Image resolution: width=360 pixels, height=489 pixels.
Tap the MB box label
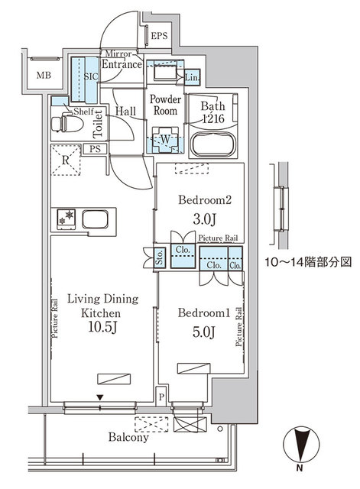(x=37, y=75)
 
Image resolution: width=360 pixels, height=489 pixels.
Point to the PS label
(x=96, y=149)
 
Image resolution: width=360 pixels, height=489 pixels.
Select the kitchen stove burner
(x=64, y=219)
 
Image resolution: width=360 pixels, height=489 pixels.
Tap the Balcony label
(x=127, y=439)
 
